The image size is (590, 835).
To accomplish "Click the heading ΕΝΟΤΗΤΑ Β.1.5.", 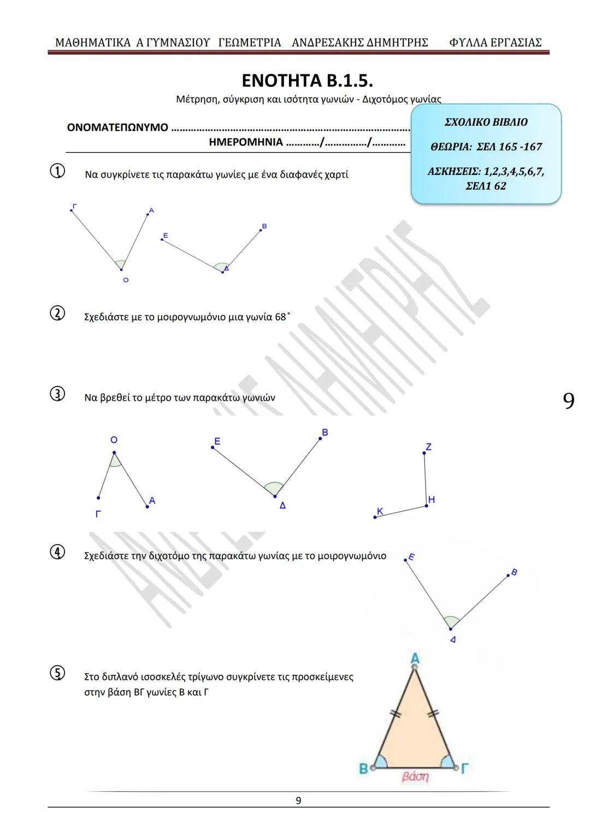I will tap(308, 81).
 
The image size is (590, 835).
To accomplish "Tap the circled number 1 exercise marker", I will tap(57, 172).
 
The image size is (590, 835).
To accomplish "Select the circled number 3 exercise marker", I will tap(57, 395).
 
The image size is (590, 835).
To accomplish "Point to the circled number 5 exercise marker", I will tap(57, 674).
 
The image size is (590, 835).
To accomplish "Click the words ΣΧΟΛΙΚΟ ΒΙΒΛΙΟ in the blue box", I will tap(486, 122).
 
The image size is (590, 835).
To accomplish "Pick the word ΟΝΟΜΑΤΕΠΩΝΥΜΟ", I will tap(117, 128).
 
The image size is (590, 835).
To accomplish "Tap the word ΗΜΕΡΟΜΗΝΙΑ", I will tap(246, 143).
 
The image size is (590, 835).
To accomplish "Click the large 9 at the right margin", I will tap(568, 401).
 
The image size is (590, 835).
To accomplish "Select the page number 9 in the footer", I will tap(298, 801).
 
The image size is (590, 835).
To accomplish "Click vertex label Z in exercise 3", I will tap(428, 447).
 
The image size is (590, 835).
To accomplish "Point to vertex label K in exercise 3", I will tap(380, 511).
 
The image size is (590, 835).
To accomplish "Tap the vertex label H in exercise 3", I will tap(432, 499).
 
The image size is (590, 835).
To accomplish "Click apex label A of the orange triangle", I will tap(415, 657).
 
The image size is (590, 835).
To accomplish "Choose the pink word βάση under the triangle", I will tap(415, 776).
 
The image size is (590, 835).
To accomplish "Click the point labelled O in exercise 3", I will tap(114, 452).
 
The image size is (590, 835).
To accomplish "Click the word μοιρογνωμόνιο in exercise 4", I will tap(352, 556).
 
